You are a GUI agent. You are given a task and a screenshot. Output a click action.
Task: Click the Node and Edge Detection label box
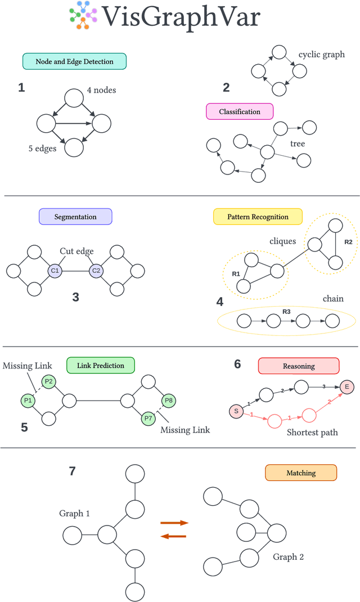point(74,61)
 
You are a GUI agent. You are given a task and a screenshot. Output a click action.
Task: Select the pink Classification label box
point(240,111)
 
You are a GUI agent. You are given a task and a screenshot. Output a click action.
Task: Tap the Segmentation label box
point(75,217)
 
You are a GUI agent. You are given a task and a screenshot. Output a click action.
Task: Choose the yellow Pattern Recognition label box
point(258,217)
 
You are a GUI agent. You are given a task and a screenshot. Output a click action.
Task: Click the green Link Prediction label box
point(100,365)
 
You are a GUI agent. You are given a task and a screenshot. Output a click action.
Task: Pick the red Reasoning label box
point(299,366)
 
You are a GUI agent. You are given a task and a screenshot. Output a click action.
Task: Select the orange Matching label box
point(301,473)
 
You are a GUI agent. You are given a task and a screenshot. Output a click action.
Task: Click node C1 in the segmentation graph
point(55,271)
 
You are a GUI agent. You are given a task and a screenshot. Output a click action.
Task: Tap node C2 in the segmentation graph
point(96,271)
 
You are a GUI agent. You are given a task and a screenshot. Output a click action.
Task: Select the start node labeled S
point(236,412)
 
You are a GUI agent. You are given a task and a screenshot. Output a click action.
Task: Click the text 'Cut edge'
point(78,251)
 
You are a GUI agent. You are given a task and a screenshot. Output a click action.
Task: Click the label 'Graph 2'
point(289,557)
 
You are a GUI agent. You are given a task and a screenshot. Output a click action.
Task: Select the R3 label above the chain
point(286,311)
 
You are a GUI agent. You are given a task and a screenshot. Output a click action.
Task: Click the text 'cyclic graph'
point(322,55)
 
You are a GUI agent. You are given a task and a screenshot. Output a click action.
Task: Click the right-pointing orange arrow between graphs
point(173,523)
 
